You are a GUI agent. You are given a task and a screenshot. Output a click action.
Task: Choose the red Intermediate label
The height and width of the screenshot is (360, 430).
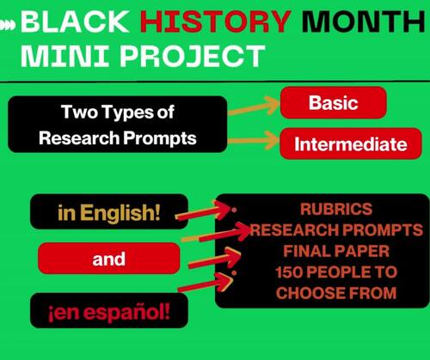point(349,144)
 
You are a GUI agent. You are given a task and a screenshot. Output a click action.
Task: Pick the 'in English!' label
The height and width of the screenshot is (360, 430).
point(109,211)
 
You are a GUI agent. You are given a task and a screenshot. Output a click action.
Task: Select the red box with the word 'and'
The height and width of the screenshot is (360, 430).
point(109,257)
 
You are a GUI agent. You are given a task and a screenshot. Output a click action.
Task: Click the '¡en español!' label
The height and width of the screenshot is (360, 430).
point(109,309)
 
